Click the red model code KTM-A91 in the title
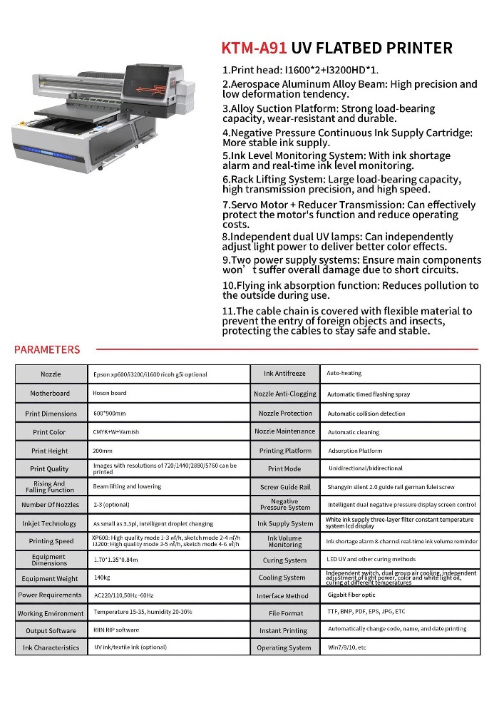pyautogui.click(x=254, y=48)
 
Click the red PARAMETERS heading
pyautogui.click(x=47, y=349)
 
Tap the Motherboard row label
pyautogui.click(x=50, y=394)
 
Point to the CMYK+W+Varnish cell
pyautogui.click(x=116, y=432)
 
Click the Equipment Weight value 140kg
pyautogui.click(x=102, y=578)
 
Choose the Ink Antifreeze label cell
pyautogui.click(x=284, y=374)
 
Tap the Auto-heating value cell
pyautogui.click(x=344, y=374)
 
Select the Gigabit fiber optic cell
pyautogui.click(x=351, y=595)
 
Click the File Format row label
pyautogui.click(x=285, y=613)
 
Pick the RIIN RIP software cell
pyautogui.click(x=116, y=630)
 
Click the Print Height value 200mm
pyautogui.click(x=103, y=451)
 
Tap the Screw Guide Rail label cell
pyautogui.click(x=285, y=487)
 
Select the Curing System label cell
pyautogui.click(x=284, y=560)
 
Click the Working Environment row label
pyautogui.click(x=51, y=613)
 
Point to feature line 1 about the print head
pyautogui.click(x=299, y=70)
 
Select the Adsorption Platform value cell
pyautogui.click(x=355, y=451)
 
